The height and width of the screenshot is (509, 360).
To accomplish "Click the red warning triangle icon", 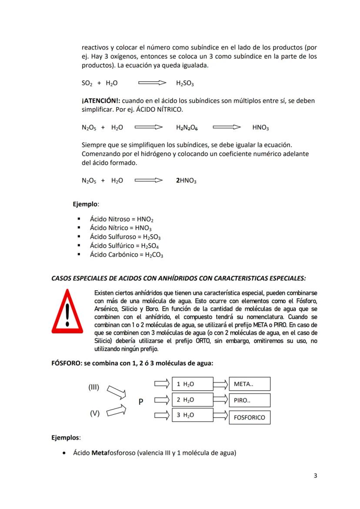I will click(67, 311).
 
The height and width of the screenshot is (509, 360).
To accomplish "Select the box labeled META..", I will click(249, 384).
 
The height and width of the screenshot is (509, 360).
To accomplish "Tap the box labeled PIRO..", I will click(249, 400).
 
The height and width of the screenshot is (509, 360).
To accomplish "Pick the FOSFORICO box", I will click(249, 417).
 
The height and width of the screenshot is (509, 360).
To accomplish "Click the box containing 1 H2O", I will click(192, 384).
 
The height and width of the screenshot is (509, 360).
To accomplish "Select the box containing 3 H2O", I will click(192, 415).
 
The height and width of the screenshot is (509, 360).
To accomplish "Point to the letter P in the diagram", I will click(141, 402).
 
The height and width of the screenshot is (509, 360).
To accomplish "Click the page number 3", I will click(315, 476).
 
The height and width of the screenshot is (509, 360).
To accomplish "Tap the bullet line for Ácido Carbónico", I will click(126, 255).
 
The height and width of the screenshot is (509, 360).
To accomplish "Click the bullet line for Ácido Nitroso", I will click(122, 220).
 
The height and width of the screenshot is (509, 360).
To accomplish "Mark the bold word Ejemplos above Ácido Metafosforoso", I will click(65, 438).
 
